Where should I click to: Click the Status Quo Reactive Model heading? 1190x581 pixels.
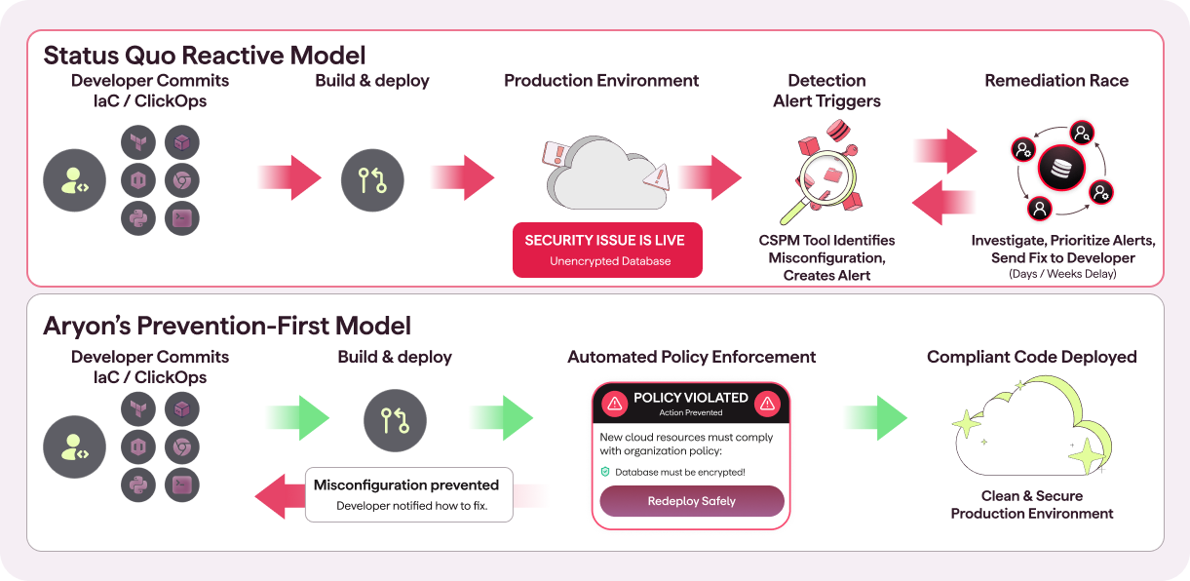(x=205, y=55)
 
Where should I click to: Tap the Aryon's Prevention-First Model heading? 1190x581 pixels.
(x=227, y=325)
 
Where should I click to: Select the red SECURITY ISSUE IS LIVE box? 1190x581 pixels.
(x=608, y=250)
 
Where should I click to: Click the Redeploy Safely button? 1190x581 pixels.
(x=691, y=501)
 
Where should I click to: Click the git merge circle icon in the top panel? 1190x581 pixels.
(x=372, y=179)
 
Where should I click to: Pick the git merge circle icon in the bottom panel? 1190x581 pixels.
(x=395, y=421)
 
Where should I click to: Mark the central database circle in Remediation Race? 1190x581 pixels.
(x=1061, y=169)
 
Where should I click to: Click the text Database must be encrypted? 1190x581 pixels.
(x=679, y=472)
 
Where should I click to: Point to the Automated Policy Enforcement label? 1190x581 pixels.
(x=692, y=357)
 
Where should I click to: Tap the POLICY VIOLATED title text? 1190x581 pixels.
(x=690, y=398)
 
